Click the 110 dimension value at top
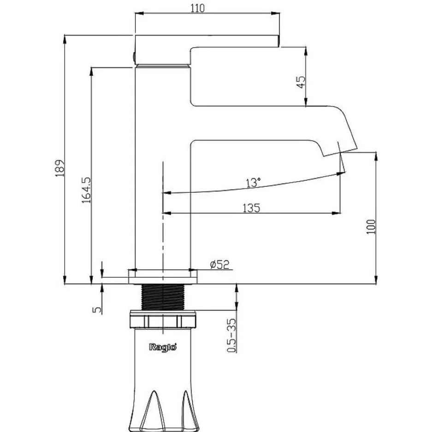(198, 8)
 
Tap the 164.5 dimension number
(86, 190)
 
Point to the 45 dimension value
(301, 82)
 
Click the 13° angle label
(253, 183)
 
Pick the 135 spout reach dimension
(251, 207)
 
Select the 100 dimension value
(371, 227)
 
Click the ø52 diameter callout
(220, 265)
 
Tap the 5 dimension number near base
(97, 310)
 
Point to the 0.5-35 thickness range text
(231, 335)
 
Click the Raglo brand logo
(163, 347)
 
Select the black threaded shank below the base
(163, 297)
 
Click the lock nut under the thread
(163, 320)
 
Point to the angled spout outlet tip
(340, 153)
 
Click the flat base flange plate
(163, 277)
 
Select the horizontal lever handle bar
(207, 41)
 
